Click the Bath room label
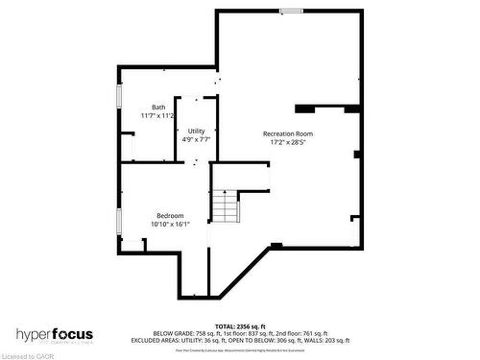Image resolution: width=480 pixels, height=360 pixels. click(158, 107)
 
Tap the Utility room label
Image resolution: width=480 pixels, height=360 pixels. click(196, 131)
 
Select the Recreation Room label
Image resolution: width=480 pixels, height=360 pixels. click(288, 133)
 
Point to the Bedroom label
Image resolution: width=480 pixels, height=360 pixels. click(170, 215)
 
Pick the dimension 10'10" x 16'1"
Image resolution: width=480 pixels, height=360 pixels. click(170, 224)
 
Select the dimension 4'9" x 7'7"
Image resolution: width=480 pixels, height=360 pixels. click(196, 139)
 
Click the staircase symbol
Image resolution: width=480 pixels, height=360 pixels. click(225, 206)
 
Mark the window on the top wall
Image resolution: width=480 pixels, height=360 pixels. click(292, 11)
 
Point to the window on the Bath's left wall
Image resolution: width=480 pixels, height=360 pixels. click(118, 97)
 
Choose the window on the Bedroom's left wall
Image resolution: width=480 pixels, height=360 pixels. click(118, 222)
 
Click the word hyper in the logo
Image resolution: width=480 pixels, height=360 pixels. click(39, 334)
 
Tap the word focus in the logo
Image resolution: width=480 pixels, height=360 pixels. click(87, 333)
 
